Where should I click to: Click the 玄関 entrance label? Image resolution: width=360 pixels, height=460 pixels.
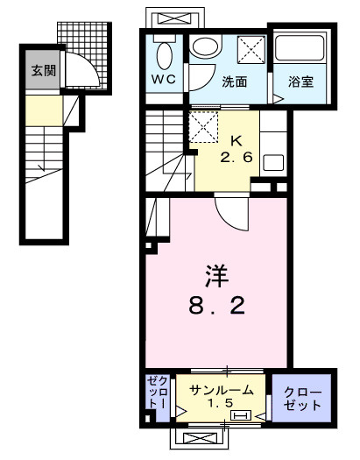point(43,70)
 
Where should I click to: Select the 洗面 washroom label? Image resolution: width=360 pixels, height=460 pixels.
point(233,83)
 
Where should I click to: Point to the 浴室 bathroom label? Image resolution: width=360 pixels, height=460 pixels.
point(301,83)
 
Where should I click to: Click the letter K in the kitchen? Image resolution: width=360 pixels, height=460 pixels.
point(236,140)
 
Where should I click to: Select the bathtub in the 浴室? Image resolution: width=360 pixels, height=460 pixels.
point(300,51)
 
